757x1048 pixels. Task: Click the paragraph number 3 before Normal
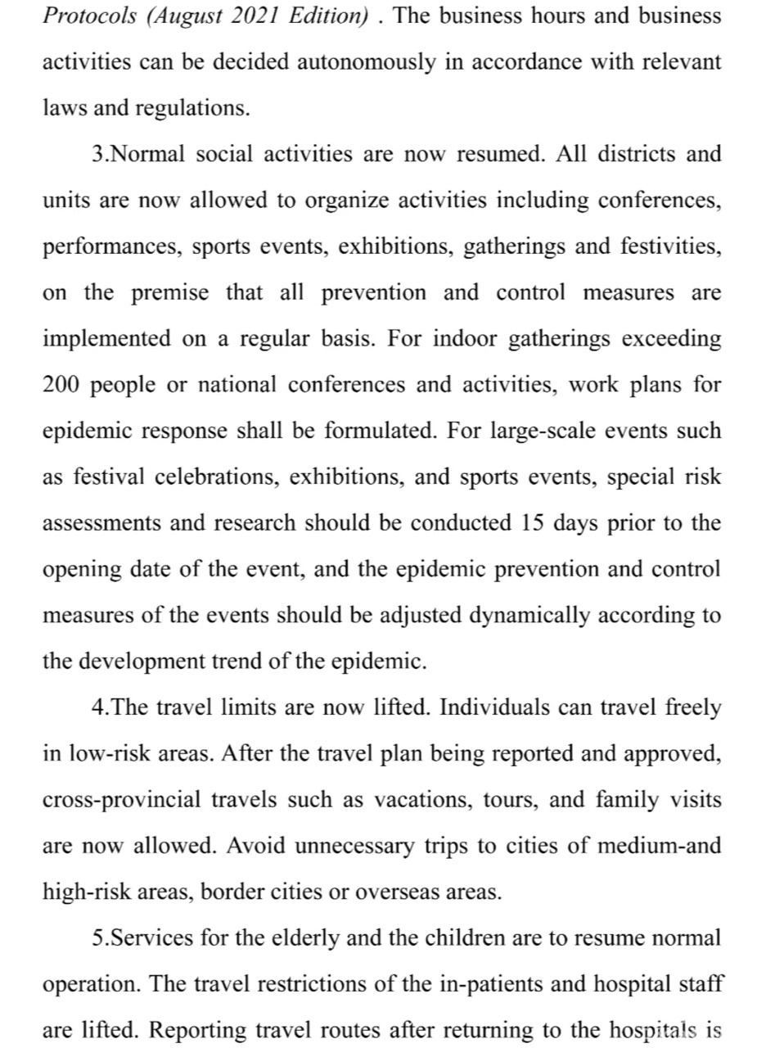pyautogui.click(x=98, y=155)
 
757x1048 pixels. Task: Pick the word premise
pyautogui.click(x=170, y=293)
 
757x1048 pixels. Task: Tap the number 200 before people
pyautogui.click(x=61, y=385)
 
